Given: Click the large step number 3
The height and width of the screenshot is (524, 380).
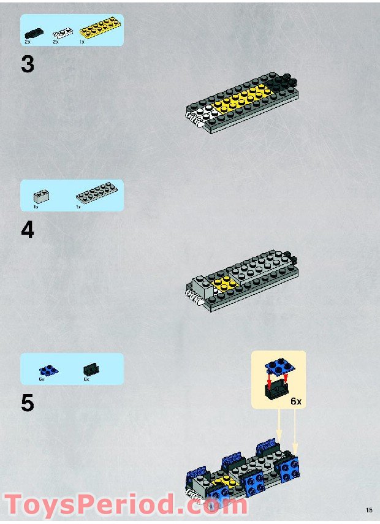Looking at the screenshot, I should click(x=28, y=64).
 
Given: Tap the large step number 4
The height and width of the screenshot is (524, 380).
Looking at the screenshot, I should click(x=28, y=230).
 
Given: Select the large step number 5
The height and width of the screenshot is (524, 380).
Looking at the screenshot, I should click(x=28, y=404).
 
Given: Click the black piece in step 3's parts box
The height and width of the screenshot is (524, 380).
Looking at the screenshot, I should click(x=33, y=32).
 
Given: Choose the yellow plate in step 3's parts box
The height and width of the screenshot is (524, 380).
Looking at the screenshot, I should click(x=98, y=28).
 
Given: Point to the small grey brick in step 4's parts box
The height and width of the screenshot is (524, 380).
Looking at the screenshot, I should click(x=42, y=197).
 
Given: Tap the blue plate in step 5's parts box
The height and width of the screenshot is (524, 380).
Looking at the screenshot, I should click(x=48, y=370).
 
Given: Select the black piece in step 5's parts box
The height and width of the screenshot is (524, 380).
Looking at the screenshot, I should click(x=91, y=369).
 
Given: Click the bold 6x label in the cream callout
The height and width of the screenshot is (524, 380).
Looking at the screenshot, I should click(x=296, y=401).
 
